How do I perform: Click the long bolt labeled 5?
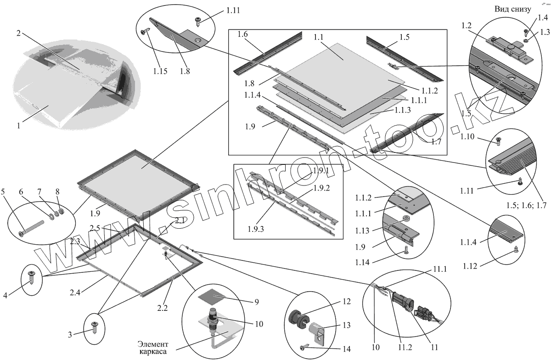(x=33, y=227)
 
